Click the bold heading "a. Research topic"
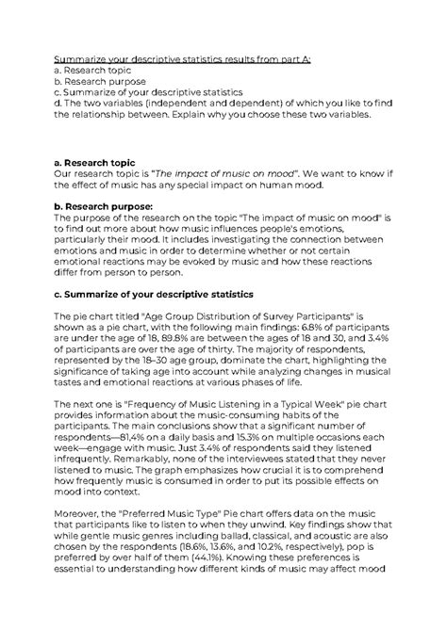coord(95,163)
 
